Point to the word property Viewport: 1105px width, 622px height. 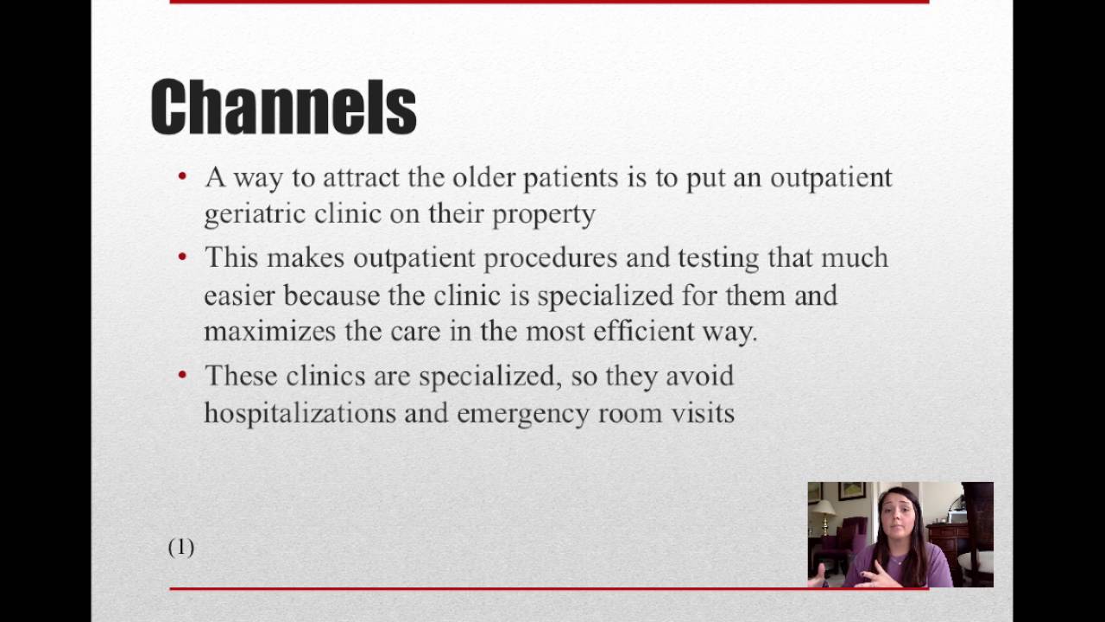[543, 214]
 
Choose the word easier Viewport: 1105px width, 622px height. [239, 295]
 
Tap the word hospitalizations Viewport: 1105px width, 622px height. [300, 413]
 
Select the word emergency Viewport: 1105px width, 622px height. [523, 413]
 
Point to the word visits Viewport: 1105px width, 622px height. [702, 413]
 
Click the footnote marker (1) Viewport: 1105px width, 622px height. [181, 547]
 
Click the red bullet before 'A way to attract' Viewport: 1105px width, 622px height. [182, 177]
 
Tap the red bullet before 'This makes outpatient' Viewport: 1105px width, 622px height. [182, 257]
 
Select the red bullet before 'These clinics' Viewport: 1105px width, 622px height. [182, 376]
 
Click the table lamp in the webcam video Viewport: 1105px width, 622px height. [825, 514]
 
